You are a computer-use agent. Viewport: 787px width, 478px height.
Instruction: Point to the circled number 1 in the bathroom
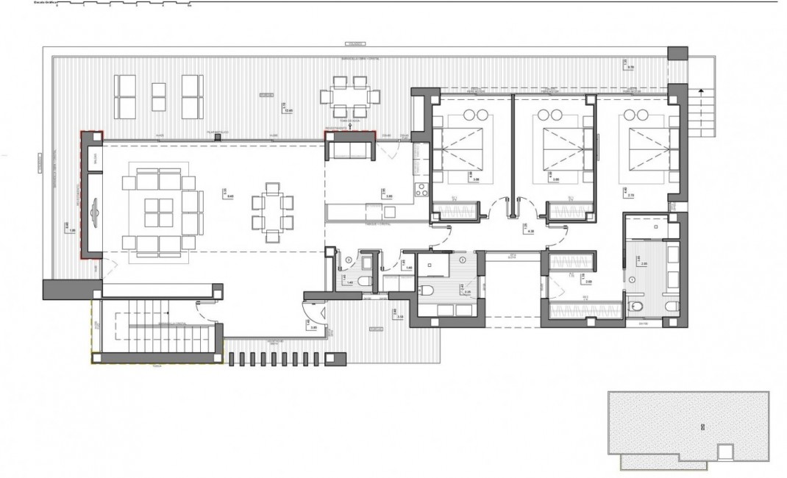click(x=633, y=280)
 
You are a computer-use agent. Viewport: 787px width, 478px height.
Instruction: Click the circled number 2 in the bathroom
click(x=462, y=260)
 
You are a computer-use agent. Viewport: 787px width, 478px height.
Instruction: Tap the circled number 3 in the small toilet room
click(x=347, y=260)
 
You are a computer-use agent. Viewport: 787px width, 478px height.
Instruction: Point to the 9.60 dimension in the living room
click(x=229, y=196)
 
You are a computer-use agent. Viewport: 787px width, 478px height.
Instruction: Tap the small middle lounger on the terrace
click(x=159, y=96)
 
